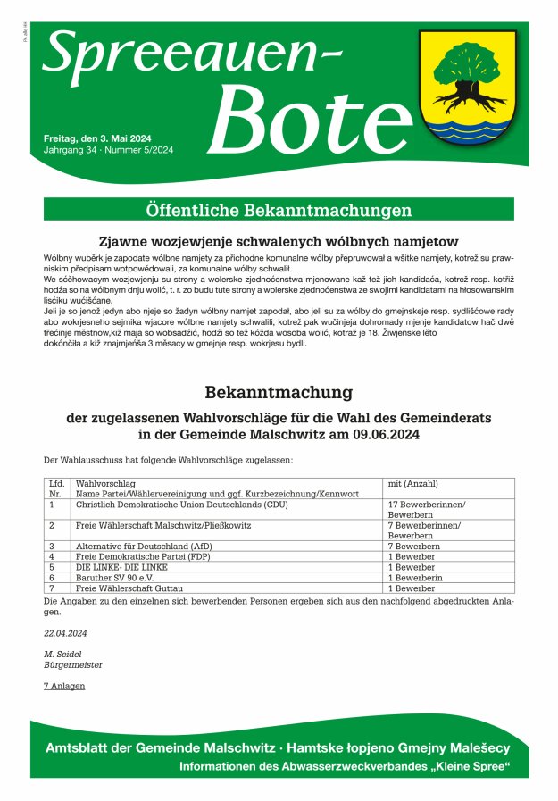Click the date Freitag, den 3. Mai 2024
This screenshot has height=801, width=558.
click(x=97, y=138)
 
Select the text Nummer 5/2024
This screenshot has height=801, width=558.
click(x=142, y=150)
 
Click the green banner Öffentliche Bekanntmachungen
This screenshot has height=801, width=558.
click(x=279, y=211)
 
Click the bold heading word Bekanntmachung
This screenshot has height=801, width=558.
click(x=279, y=392)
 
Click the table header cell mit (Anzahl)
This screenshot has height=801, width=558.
click(x=413, y=483)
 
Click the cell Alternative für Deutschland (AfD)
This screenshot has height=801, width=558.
click(x=144, y=546)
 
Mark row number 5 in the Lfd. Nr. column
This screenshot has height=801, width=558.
click(x=52, y=567)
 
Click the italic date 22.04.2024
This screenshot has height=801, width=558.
click(x=65, y=633)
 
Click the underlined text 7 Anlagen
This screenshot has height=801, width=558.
click(x=64, y=686)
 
